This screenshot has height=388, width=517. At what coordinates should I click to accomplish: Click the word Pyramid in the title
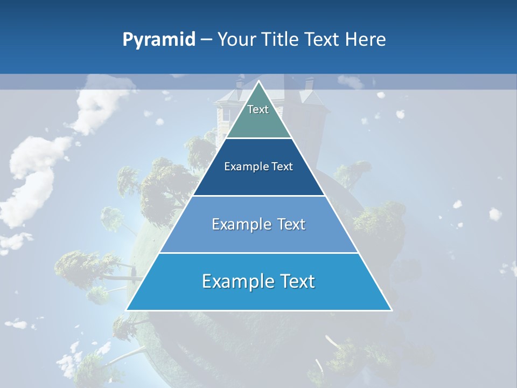pyautogui.click(x=159, y=40)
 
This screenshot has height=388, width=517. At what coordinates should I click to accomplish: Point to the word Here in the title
pyautogui.click(x=366, y=40)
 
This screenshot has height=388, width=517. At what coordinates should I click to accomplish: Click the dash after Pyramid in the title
pyautogui.click(x=206, y=40)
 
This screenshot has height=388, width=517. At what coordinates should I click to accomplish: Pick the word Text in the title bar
pyautogui.click(x=323, y=40)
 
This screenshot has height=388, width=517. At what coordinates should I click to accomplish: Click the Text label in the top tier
pyautogui.click(x=258, y=109)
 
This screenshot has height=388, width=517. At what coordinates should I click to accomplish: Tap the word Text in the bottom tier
pyautogui.click(x=297, y=281)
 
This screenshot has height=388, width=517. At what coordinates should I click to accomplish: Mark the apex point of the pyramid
pyautogui.click(x=258, y=81)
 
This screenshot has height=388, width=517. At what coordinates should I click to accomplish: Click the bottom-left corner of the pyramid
pyautogui.click(x=127, y=310)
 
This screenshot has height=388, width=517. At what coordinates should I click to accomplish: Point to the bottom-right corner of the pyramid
pyautogui.click(x=391, y=310)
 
